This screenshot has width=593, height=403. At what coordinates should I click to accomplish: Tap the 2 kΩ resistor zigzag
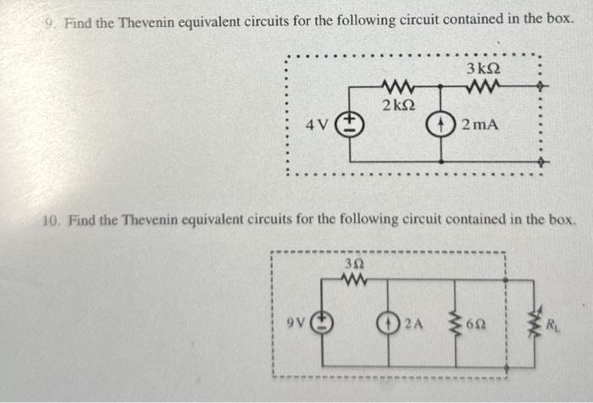(396, 86)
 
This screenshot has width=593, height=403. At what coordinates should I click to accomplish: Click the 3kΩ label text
(482, 68)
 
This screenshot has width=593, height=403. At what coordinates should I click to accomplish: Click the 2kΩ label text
(397, 106)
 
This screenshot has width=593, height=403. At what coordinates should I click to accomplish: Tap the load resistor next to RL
(535, 323)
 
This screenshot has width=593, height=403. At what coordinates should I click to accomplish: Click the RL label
(552, 323)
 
